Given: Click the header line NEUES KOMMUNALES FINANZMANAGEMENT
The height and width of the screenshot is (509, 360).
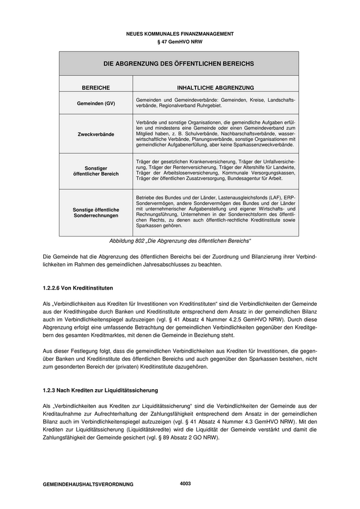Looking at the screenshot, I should (x=179, y=34).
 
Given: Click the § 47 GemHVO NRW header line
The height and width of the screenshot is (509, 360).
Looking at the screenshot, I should (x=179, y=42).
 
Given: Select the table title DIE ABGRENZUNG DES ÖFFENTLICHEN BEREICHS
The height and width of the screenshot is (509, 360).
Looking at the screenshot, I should (x=179, y=64).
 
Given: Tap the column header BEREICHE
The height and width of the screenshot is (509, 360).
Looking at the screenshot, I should (x=96, y=88).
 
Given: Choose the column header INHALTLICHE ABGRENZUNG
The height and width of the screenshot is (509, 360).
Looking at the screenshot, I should (x=215, y=88).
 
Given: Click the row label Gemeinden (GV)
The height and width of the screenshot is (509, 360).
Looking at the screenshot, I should (x=96, y=103).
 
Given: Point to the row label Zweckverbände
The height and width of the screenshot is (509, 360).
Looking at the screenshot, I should (x=96, y=134).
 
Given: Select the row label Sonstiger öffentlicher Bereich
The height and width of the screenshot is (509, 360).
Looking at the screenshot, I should (x=96, y=171).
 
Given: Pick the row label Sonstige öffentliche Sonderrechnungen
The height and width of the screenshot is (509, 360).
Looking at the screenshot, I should (x=96, y=212).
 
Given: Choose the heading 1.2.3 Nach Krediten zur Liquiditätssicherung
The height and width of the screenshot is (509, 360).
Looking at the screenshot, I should (x=100, y=391).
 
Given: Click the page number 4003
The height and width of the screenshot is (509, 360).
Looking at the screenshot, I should (x=185, y=483).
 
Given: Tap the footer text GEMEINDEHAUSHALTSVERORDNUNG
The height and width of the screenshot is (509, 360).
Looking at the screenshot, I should (x=88, y=484).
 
